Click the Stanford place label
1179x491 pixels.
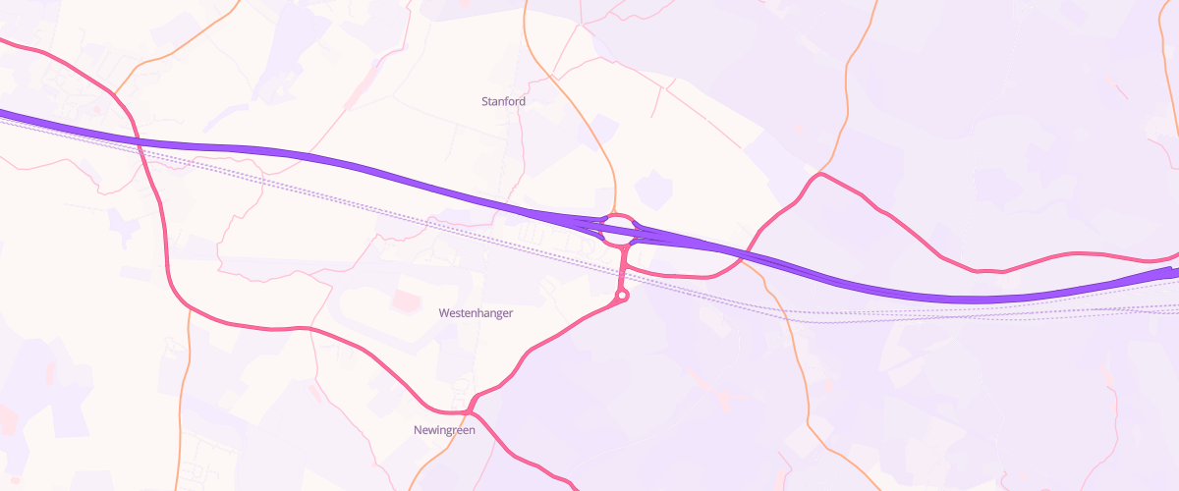tap(503, 101)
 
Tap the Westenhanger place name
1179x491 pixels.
tap(476, 312)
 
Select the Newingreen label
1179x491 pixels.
tap(444, 430)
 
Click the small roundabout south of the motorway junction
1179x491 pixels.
tap(622, 295)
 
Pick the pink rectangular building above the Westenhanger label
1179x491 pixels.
tap(404, 298)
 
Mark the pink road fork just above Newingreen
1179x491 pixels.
tap(474, 399)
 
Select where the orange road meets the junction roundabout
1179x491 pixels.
tap(615, 212)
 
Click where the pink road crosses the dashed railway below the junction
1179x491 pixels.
tap(623, 269)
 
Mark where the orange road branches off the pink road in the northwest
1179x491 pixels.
tap(116, 94)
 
